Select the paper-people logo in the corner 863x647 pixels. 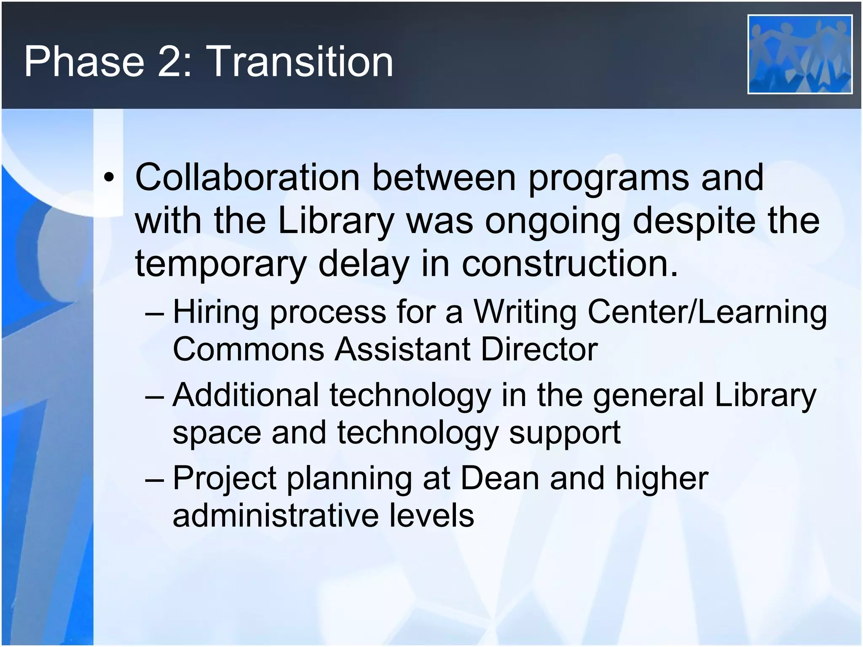pos(799,54)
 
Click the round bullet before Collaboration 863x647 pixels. pos(109,179)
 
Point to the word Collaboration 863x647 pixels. pos(247,177)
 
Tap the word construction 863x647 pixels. pos(570,264)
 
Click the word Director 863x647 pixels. pos(539,349)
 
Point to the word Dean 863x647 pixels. pos(500,479)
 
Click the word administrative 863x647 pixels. pos(276,516)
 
